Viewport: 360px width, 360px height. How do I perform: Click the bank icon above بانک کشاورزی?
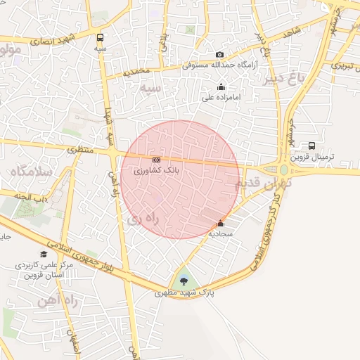155,161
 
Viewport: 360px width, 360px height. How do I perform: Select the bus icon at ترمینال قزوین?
311,146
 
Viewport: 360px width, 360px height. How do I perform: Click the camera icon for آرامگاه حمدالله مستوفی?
220,55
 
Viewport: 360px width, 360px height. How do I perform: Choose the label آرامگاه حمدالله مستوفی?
220,65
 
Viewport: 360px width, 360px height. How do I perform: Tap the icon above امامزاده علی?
221,87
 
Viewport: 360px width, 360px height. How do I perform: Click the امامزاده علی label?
217,98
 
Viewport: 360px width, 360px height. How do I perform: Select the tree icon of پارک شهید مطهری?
184,281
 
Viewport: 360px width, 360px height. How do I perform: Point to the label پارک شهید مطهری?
184,291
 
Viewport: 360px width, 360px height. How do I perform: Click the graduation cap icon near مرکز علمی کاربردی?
44,255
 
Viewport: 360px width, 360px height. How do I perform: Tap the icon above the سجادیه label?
221,224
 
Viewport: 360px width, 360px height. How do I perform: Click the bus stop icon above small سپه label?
101,38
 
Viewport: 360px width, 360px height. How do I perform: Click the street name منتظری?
81,150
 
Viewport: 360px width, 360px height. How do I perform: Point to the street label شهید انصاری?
46,41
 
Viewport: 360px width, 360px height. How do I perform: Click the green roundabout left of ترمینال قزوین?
284,169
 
